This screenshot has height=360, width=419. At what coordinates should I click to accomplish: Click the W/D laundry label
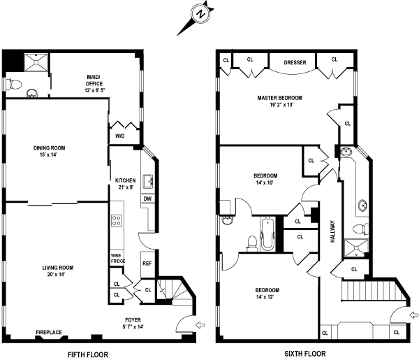click(x=119, y=136)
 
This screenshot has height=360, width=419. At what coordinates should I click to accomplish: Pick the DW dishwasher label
click(x=147, y=199)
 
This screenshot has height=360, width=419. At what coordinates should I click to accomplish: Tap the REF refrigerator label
click(x=147, y=264)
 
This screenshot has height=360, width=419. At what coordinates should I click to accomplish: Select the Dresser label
click(x=295, y=63)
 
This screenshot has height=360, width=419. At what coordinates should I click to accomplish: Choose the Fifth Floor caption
click(x=87, y=354)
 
